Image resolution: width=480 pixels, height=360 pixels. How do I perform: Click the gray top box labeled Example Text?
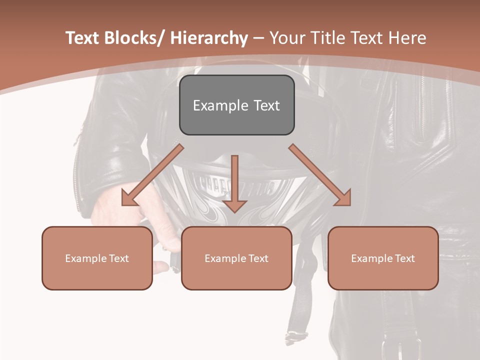pyautogui.click(x=236, y=105)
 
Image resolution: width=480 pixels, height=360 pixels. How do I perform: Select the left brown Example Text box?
pyautogui.click(x=97, y=258)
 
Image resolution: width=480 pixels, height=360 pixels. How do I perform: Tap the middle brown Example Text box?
pyautogui.click(x=236, y=258)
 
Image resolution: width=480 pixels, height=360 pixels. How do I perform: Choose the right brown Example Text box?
pyautogui.click(x=383, y=258)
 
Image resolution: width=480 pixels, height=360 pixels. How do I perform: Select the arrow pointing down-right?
pyautogui.click(x=320, y=175)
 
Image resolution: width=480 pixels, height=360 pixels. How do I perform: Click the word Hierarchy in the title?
pyautogui.click(x=209, y=38)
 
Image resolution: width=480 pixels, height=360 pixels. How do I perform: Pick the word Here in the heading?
pyautogui.click(x=407, y=38)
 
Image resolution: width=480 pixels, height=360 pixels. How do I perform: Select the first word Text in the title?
pyautogui.click(x=83, y=38)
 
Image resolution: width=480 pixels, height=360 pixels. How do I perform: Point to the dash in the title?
pyautogui.click(x=258, y=38)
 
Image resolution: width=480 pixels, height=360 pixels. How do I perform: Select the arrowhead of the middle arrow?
pyautogui.click(x=234, y=205)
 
